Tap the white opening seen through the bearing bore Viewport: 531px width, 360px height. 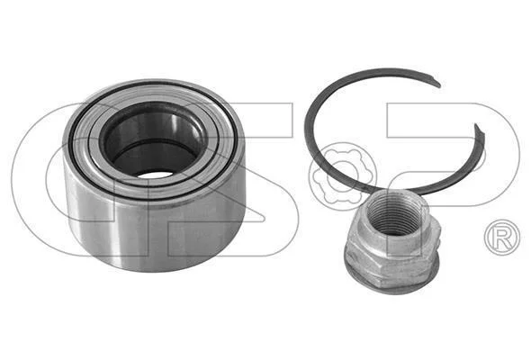coord(155,175)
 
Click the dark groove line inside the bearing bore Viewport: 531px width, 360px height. coord(154,145)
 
